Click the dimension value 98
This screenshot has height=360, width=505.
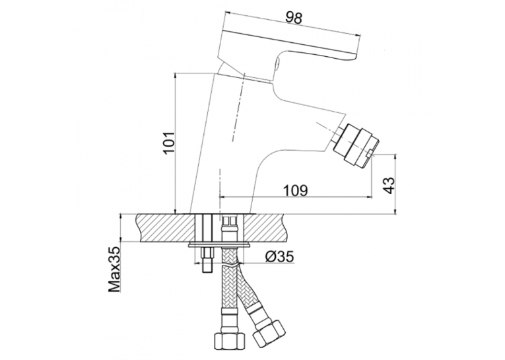click(294, 18)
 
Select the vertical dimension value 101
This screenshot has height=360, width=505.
click(170, 143)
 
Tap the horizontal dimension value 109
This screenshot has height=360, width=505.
click(295, 190)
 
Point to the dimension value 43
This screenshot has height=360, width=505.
click(389, 185)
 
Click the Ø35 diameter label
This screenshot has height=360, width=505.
click(279, 257)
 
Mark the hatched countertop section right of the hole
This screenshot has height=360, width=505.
click(267, 227)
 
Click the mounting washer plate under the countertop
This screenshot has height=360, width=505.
click(220, 245)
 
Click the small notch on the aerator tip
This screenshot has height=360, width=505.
click(371, 154)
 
